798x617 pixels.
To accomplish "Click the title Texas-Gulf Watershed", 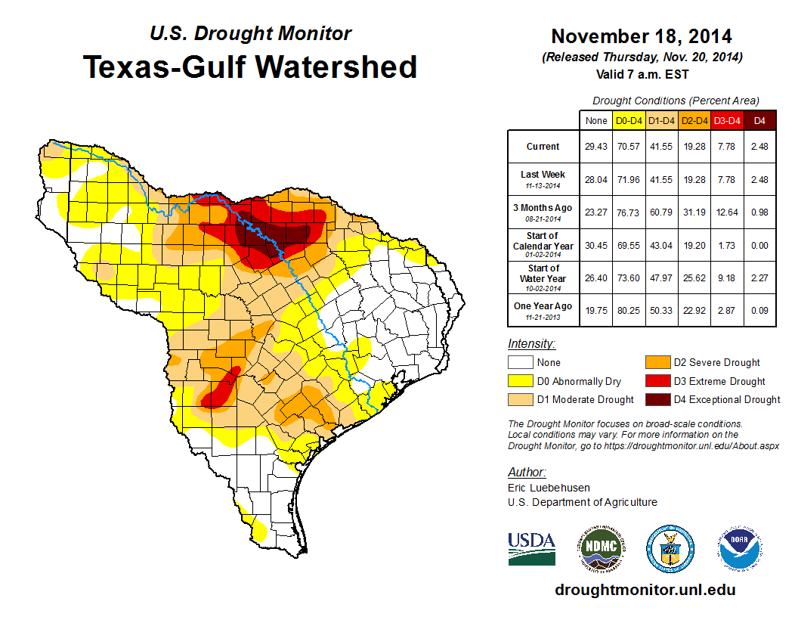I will pos(250,67).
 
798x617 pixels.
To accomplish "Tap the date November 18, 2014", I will pos(641,36).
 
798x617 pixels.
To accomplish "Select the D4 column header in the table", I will pos(760,120).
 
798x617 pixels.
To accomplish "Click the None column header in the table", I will pos(595,120).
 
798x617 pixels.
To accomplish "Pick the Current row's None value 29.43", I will pos(595,147).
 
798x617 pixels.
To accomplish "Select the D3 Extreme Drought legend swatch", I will pos(656,381).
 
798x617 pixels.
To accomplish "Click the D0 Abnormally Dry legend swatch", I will pos(520,381).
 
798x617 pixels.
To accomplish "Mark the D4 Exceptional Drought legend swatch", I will pos(656,399).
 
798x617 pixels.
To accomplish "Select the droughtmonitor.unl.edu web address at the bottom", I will pos(645,590).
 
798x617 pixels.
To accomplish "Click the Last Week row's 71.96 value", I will pos(629,179).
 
